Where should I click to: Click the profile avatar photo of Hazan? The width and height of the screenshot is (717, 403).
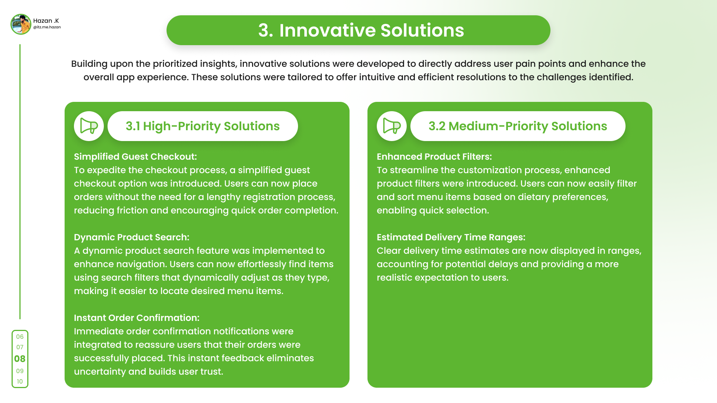(21, 24)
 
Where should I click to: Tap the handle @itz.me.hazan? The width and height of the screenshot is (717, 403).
(47, 27)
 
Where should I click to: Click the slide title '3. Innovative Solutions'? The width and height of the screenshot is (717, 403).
(361, 30)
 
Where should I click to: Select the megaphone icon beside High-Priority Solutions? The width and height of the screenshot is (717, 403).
(89, 126)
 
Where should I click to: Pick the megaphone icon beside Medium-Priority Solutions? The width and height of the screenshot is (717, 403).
(392, 126)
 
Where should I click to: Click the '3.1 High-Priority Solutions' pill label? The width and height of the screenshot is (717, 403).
(202, 126)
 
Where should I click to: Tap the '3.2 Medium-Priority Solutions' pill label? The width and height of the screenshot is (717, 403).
(518, 126)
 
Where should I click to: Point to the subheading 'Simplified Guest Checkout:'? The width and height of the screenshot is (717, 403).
(135, 157)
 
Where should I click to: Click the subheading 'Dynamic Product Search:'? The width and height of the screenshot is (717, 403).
(131, 237)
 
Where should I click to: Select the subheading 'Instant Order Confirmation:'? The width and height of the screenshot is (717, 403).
(137, 318)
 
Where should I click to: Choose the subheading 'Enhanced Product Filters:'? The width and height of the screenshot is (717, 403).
(434, 157)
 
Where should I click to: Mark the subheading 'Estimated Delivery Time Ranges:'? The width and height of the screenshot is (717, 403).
(451, 237)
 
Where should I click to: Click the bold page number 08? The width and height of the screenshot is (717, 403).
(20, 359)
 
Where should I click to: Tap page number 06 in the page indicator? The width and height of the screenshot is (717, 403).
(20, 337)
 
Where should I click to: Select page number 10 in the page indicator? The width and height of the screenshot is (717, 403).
(20, 381)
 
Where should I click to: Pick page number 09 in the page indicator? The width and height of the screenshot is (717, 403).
(20, 371)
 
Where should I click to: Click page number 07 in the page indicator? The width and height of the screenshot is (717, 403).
(20, 347)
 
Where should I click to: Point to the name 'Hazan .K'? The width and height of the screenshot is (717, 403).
(46, 21)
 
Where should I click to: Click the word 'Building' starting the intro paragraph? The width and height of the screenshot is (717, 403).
(89, 64)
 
